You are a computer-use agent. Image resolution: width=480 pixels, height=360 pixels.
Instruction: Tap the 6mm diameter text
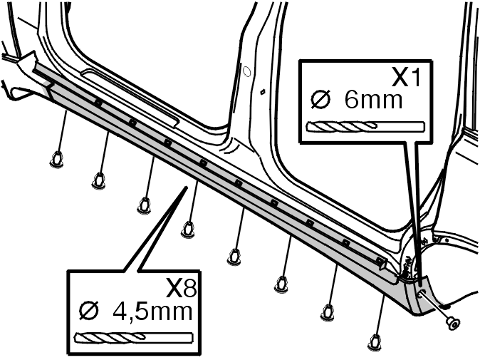373,100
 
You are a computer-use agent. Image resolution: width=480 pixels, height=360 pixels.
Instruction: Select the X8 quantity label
181,288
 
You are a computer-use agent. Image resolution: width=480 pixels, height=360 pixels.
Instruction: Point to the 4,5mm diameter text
152,312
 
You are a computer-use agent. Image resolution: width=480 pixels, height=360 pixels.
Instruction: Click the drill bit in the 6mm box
365,126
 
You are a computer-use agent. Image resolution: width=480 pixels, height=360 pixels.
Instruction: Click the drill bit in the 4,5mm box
134,337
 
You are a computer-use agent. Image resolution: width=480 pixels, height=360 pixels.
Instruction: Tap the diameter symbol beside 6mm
320,100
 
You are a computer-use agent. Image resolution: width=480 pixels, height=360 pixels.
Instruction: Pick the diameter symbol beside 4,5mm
89,311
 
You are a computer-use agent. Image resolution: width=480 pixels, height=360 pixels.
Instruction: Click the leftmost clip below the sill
56,159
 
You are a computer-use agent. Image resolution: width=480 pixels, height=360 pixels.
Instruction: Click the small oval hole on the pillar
246,71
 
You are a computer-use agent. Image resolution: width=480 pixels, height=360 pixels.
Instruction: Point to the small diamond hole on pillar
262,91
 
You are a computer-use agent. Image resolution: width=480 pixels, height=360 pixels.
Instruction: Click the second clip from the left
98,180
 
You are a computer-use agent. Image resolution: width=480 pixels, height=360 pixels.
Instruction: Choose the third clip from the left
144,205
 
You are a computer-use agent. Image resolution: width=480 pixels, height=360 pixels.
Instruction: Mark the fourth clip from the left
188,230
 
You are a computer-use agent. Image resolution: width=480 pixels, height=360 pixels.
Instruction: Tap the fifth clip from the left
234,257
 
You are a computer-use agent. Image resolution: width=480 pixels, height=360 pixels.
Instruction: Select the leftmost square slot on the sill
98,103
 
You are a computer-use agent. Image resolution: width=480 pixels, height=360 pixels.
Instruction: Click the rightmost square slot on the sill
380,261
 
